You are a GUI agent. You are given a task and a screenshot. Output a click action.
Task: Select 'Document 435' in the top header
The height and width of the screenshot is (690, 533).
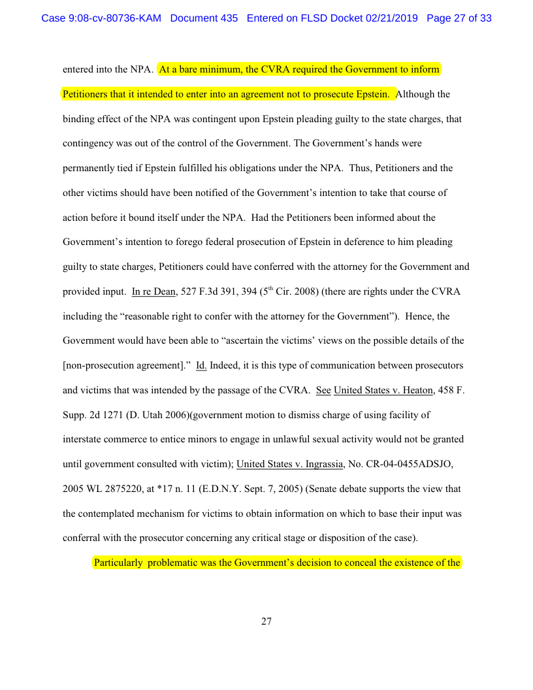click(x=204, y=18)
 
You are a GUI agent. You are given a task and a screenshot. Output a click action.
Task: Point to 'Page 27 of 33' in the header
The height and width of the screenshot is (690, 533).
click(x=459, y=18)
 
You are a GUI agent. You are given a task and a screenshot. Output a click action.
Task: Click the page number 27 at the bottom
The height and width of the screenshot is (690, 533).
click(x=266, y=621)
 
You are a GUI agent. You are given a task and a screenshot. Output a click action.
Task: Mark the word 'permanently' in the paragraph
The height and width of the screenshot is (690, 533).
click(x=89, y=168)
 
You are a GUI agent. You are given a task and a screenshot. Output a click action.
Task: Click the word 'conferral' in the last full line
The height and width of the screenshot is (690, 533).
click(x=82, y=538)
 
